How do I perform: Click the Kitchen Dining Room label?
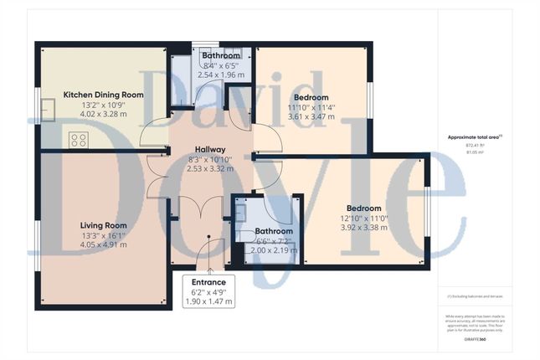click(x=104, y=95)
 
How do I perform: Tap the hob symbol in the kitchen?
click(x=78, y=139)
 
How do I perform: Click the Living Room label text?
click(x=103, y=225)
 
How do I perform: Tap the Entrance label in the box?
click(x=208, y=282)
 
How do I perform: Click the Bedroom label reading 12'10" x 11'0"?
click(x=364, y=208)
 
